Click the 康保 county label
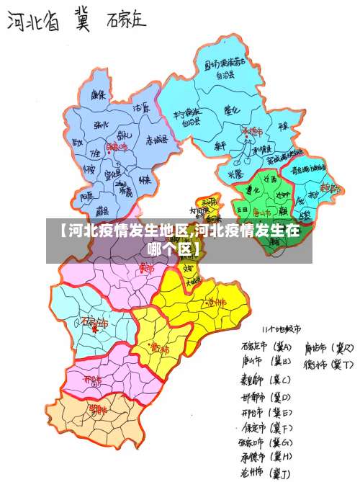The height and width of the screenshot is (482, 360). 99,94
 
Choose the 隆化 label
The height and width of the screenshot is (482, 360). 232,110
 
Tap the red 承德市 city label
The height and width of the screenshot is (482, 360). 253,131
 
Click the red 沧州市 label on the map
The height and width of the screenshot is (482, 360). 215,302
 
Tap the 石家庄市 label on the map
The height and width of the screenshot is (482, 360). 94,322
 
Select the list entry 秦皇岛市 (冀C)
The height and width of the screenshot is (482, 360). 266,380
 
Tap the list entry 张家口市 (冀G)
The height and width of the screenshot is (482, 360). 266,442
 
